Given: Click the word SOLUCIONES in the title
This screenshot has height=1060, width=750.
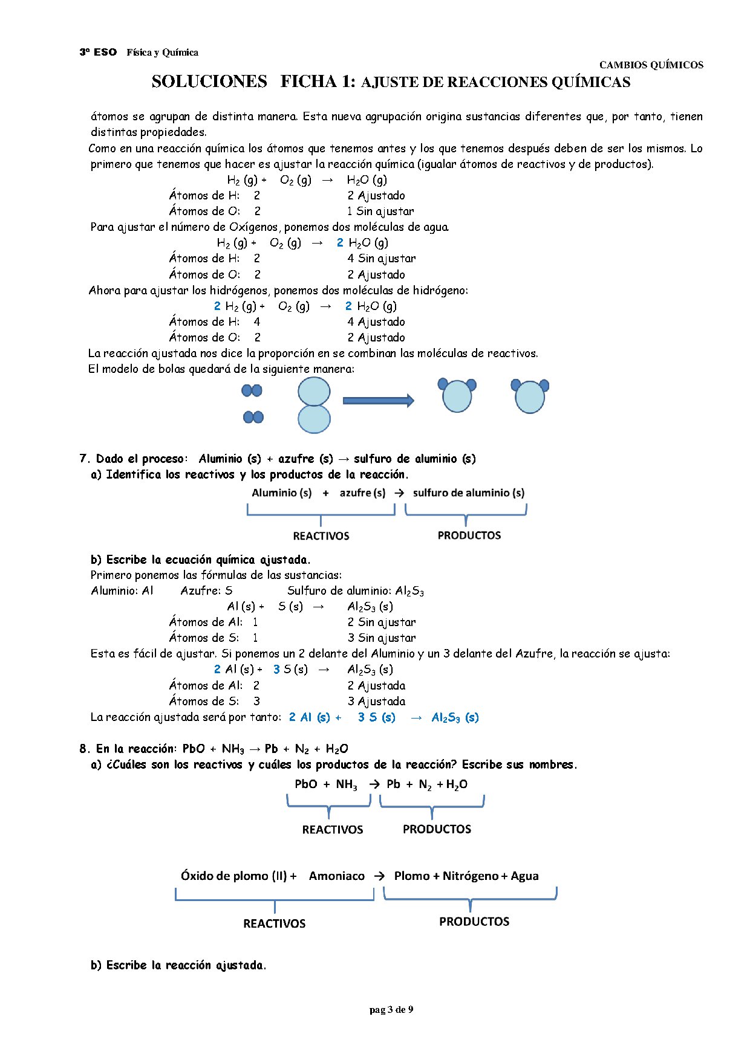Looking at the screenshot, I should pyautogui.click(x=209, y=82).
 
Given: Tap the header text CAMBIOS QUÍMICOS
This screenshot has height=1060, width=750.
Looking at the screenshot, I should pyautogui.click(x=651, y=65).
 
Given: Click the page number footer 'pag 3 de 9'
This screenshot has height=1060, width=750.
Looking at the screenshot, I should pyautogui.click(x=391, y=1009).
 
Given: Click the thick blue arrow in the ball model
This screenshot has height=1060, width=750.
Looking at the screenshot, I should pyautogui.click(x=378, y=400).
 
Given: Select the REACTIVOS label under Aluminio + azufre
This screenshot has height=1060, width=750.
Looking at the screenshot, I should pyautogui.click(x=321, y=535).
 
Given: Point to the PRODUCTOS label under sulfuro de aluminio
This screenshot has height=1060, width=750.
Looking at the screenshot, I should pyautogui.click(x=469, y=535).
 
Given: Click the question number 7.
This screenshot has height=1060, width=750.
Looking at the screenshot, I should pyautogui.click(x=84, y=459).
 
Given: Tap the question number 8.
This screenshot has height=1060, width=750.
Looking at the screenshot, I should pyautogui.click(x=84, y=749).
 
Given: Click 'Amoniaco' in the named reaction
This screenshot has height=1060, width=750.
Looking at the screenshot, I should pyautogui.click(x=337, y=876).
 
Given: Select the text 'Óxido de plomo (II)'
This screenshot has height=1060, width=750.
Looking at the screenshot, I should pyautogui.click(x=233, y=876).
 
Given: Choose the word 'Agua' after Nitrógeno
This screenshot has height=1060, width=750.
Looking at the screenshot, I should pyautogui.click(x=524, y=876).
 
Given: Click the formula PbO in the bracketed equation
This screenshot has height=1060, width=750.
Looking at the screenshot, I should pyautogui.click(x=306, y=784).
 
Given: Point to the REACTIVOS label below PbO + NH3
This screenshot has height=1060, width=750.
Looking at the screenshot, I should pyautogui.click(x=333, y=829).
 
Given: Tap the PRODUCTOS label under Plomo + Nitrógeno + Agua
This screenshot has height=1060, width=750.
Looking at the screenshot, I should pyautogui.click(x=474, y=922).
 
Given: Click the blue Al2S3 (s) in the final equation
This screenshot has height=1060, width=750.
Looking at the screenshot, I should pyautogui.click(x=455, y=717).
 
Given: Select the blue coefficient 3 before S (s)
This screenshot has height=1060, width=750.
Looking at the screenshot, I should pyautogui.click(x=276, y=670).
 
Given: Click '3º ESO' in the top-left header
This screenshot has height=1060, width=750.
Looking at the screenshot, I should pyautogui.click(x=98, y=53).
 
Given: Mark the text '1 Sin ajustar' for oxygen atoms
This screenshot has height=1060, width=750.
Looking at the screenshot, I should pyautogui.click(x=380, y=211).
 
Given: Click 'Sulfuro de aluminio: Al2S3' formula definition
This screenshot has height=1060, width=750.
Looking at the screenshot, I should pyautogui.click(x=356, y=591).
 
